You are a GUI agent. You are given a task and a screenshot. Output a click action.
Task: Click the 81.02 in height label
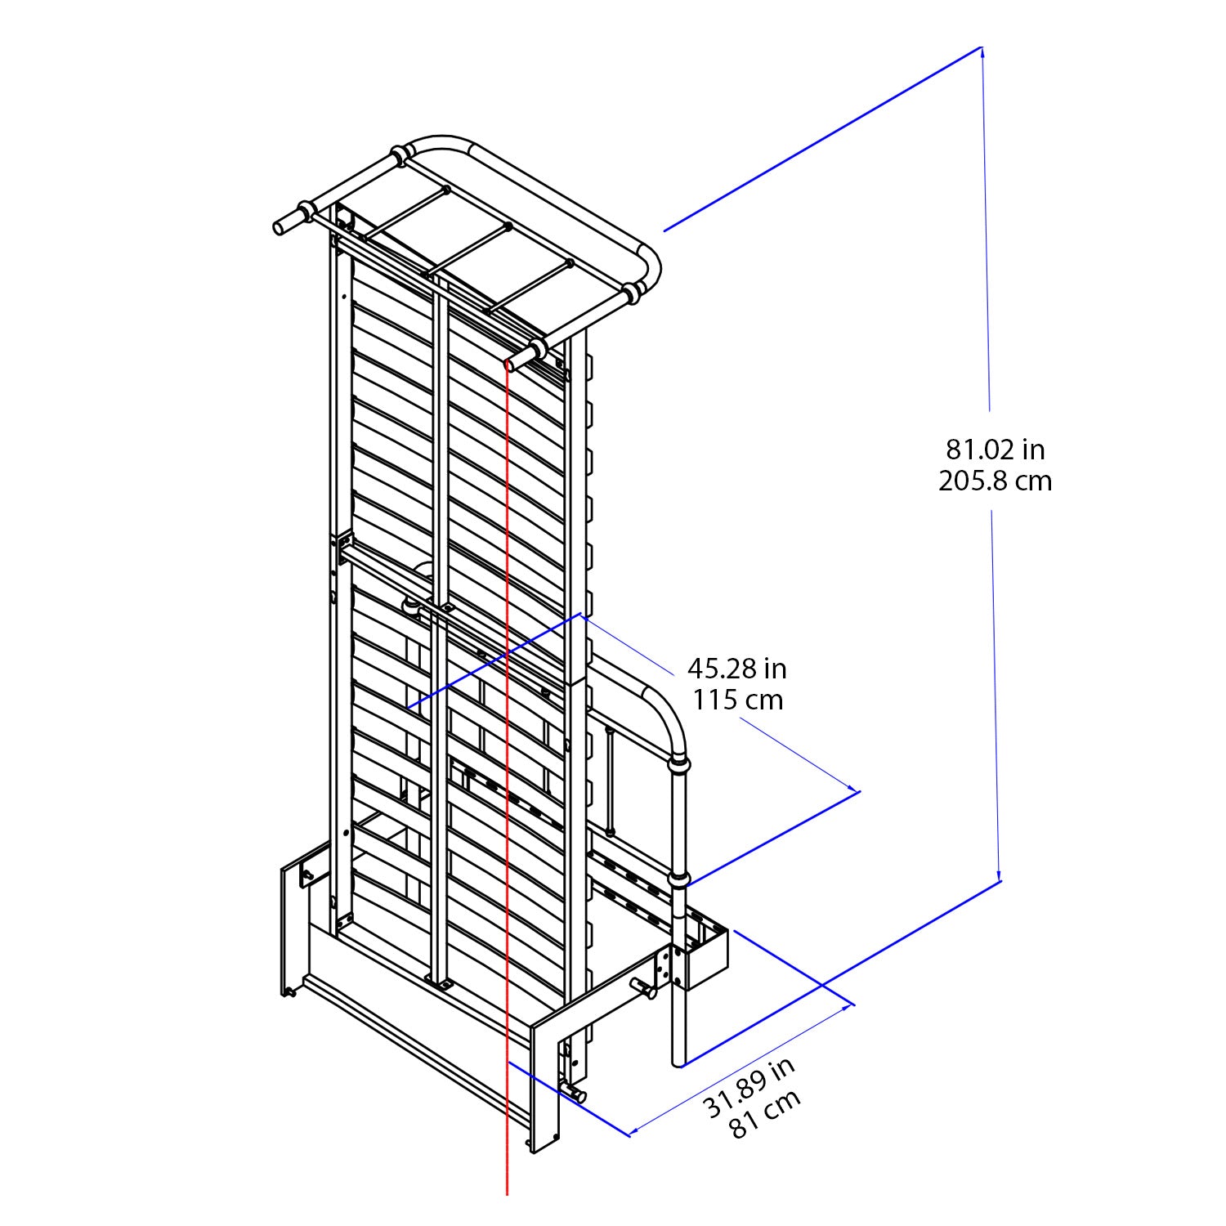(x=996, y=450)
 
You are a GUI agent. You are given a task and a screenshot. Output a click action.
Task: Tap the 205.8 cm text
(x=995, y=481)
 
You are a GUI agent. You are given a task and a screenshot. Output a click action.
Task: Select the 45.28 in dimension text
(x=736, y=669)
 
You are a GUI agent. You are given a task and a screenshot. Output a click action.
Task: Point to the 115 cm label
(x=737, y=700)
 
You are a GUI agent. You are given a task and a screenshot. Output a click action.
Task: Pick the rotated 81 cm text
(x=765, y=1113)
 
